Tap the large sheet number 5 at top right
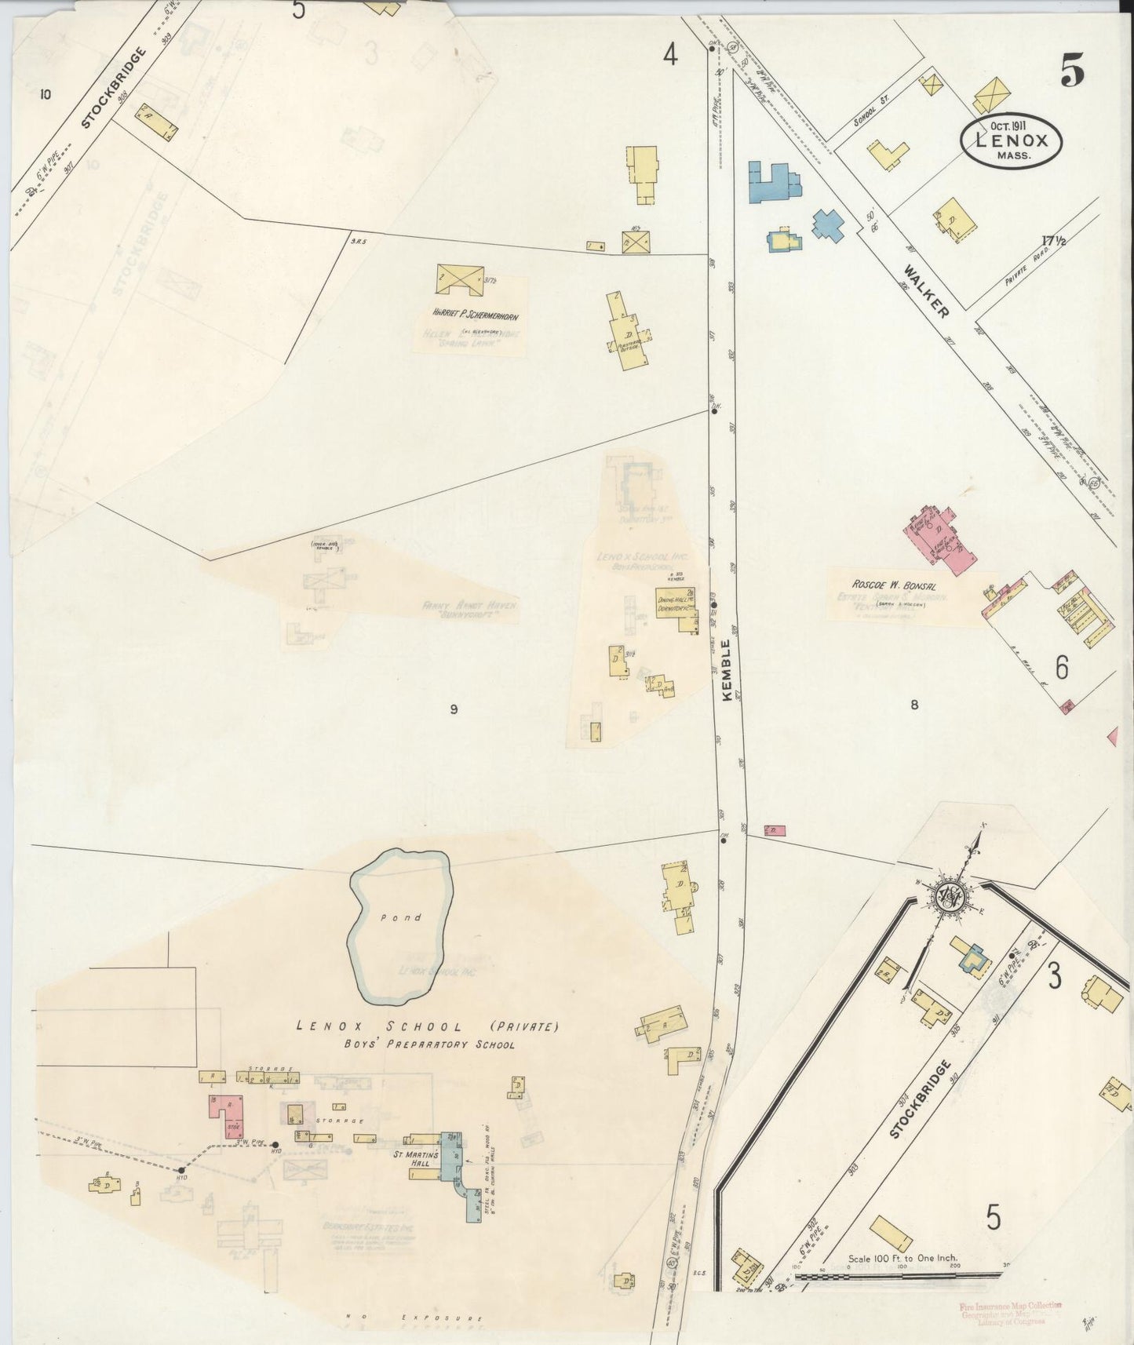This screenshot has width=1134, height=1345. [x=1072, y=72]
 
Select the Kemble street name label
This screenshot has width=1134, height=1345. [x=726, y=671]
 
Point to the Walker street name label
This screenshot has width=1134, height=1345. [x=927, y=291]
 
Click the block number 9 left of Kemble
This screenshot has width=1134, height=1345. [x=453, y=709]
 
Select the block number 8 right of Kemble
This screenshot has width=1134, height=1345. [x=914, y=705]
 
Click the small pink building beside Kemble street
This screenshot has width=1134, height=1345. [x=774, y=830]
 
